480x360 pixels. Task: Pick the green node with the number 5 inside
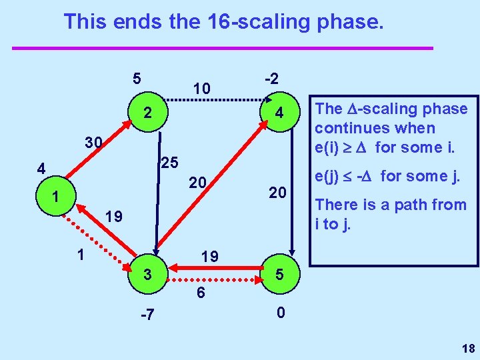point(280,275)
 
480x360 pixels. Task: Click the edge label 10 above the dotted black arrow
point(201,88)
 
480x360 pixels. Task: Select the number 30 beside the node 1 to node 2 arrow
point(94,143)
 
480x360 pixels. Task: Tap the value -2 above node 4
point(272,77)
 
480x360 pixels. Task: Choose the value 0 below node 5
point(281,312)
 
